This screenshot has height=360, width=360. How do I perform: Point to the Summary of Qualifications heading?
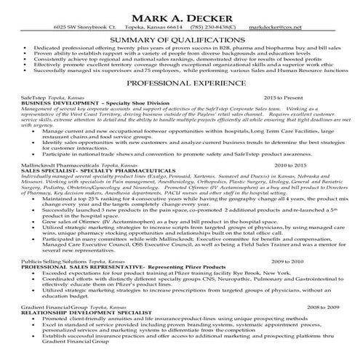click(x=180, y=39)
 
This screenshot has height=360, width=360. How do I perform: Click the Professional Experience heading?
click(x=180, y=84)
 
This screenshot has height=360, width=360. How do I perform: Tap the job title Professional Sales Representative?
click(x=70, y=286)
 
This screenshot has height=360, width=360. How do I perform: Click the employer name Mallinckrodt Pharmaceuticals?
click(x=57, y=186)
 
